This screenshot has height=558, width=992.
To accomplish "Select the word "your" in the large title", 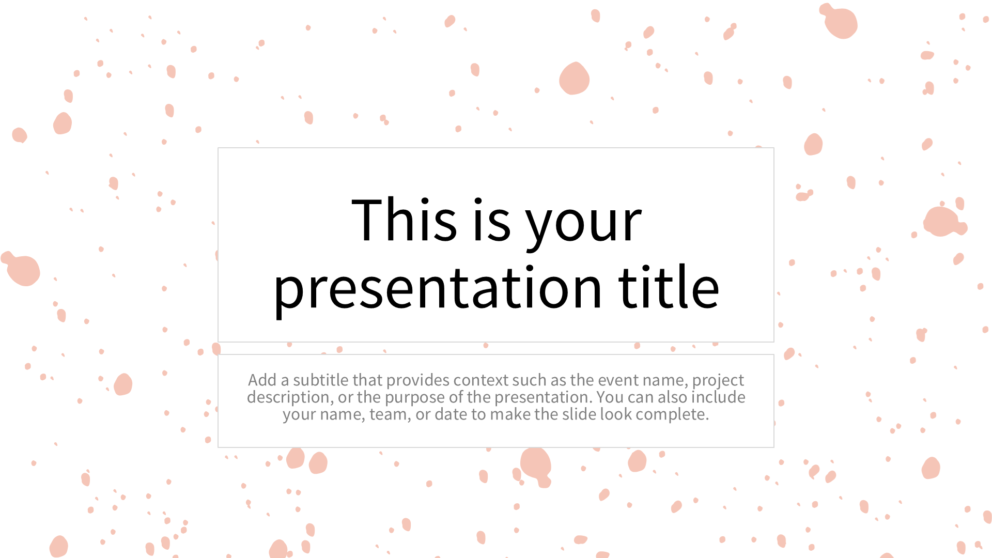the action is click(584, 225).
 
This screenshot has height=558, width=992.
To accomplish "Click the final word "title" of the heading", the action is click(669, 287).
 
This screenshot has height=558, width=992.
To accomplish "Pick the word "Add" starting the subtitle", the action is click(262, 380).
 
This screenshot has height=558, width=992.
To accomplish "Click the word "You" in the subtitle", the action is click(610, 397).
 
